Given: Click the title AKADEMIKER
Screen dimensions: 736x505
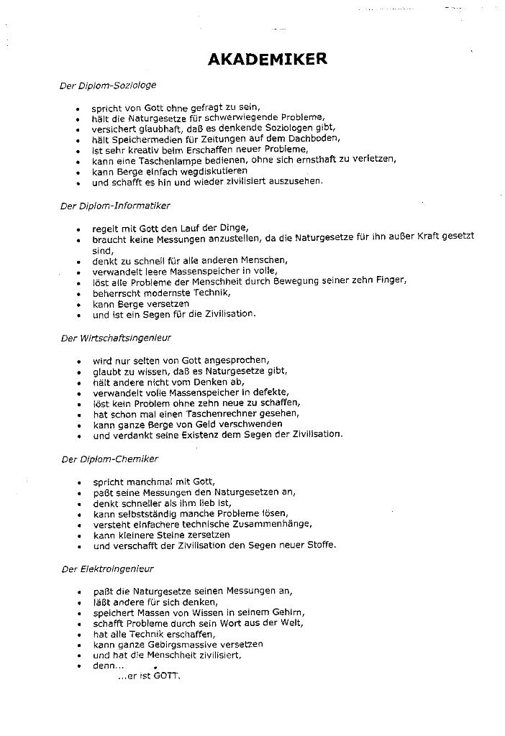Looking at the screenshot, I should [x=267, y=59].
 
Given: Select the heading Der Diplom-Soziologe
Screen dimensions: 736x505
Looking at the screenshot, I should [x=108, y=86].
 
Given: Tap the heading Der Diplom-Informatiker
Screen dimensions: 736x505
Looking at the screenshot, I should [x=115, y=206].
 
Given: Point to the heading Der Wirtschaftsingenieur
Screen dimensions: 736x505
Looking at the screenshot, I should [x=116, y=338].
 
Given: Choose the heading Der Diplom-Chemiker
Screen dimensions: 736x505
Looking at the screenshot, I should [x=109, y=459].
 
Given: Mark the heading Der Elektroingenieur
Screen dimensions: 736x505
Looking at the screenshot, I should [x=108, y=569].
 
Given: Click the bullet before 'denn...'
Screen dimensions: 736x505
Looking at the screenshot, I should [x=78, y=666].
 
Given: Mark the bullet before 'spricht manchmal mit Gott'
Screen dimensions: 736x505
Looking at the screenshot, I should [x=78, y=482].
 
